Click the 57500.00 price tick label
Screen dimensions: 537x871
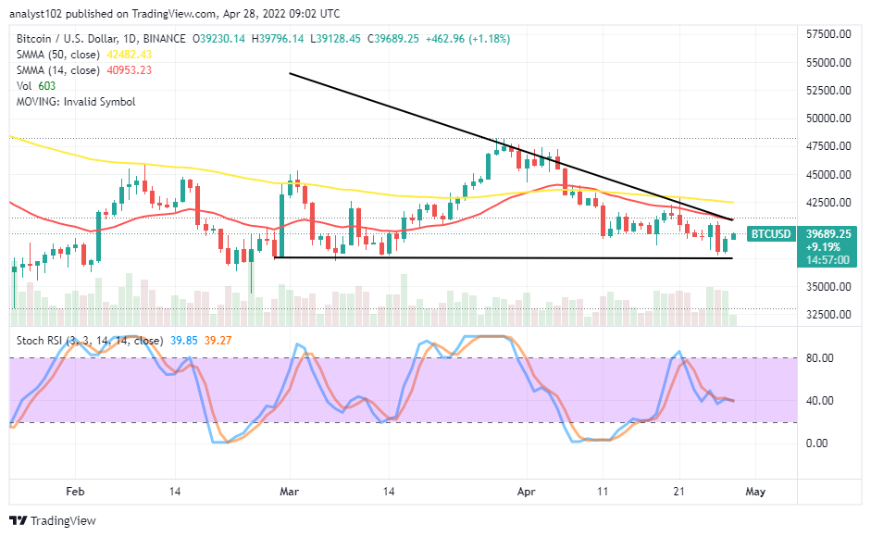pyautogui.click(x=828, y=34)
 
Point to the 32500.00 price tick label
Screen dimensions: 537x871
pyautogui.click(x=828, y=314)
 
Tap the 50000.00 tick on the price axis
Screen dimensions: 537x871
pyautogui.click(x=828, y=119)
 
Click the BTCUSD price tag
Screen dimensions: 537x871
pyautogui.click(x=769, y=234)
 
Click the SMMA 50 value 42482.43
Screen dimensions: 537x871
pyautogui.click(x=131, y=55)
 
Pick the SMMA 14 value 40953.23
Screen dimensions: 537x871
pyautogui.click(x=131, y=70)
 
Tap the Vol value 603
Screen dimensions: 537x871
pyautogui.click(x=47, y=86)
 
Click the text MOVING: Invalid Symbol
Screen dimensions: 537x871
pyautogui.click(x=76, y=102)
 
